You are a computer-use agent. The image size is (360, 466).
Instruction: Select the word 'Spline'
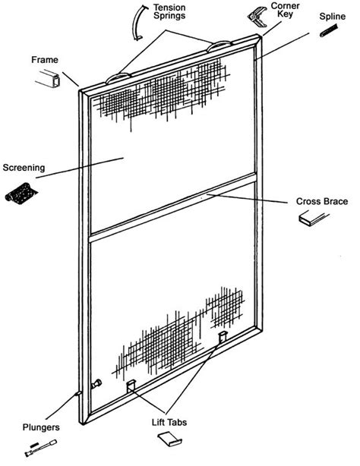pyautogui.click(x=333, y=14)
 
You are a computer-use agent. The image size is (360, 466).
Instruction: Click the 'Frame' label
pyautogui.click(x=45, y=58)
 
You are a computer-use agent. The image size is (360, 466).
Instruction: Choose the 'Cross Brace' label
pyautogui.click(x=321, y=201)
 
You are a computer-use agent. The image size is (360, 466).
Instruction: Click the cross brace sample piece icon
pyautogui.click(x=314, y=219)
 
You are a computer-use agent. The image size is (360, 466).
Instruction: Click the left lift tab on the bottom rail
pyautogui.click(x=131, y=386)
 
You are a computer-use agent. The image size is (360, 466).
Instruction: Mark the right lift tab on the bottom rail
pyautogui.click(x=222, y=336)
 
